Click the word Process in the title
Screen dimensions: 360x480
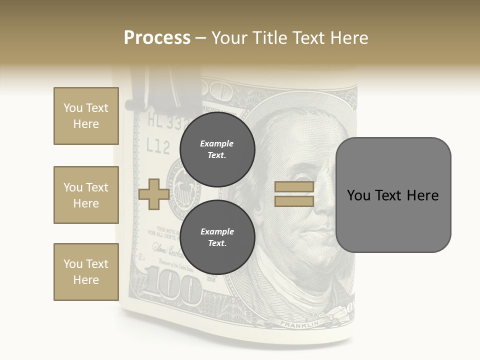pyautogui.click(x=157, y=37)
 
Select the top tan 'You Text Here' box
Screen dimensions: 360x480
pyautogui.click(x=86, y=116)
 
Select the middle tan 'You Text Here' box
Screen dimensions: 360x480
pyautogui.click(x=86, y=195)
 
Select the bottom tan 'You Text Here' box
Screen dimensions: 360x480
pyautogui.click(x=86, y=272)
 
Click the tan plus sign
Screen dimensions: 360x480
pyautogui.click(x=154, y=194)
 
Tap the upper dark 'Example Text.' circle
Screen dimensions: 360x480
pyautogui.click(x=217, y=149)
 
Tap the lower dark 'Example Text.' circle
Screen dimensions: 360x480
pyautogui.click(x=217, y=237)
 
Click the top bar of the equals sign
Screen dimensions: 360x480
pyautogui.click(x=294, y=186)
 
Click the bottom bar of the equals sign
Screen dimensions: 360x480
pyautogui.click(x=294, y=201)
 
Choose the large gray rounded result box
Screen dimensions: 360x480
pyautogui.click(x=393, y=194)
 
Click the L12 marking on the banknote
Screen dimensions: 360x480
pyautogui.click(x=158, y=146)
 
